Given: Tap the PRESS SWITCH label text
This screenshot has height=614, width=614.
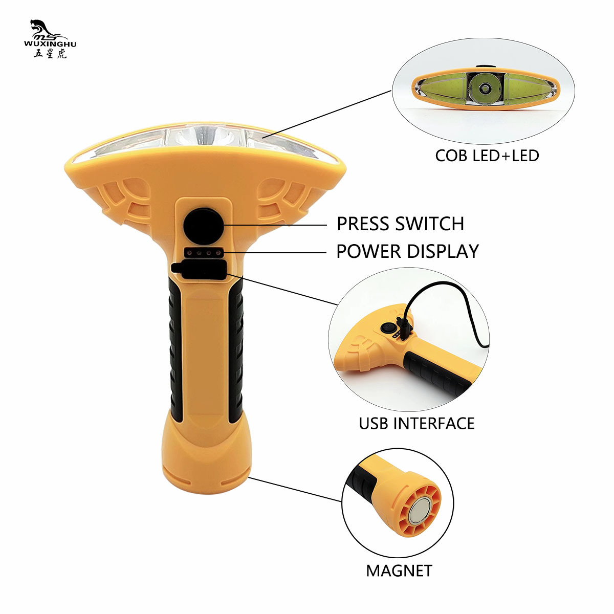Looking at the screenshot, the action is [x=400, y=224].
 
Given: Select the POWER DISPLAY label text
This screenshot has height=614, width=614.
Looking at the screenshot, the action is [x=407, y=251].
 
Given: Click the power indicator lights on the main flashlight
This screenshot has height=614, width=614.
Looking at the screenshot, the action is [x=204, y=252].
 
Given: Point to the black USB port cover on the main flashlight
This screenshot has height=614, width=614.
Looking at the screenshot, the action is [x=201, y=270].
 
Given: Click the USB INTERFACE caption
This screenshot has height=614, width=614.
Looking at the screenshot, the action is [x=416, y=423].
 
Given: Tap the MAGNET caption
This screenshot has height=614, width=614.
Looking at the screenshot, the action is [x=399, y=571].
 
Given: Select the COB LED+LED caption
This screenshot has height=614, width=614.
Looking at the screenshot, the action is [x=487, y=155].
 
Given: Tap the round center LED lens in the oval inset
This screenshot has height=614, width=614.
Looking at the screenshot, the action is [x=484, y=90].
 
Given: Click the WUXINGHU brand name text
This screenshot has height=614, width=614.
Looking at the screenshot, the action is [x=50, y=44].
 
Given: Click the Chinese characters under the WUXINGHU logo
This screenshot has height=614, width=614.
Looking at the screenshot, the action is [x=50, y=54].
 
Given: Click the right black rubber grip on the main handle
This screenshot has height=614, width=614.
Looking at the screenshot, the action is [x=236, y=353].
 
